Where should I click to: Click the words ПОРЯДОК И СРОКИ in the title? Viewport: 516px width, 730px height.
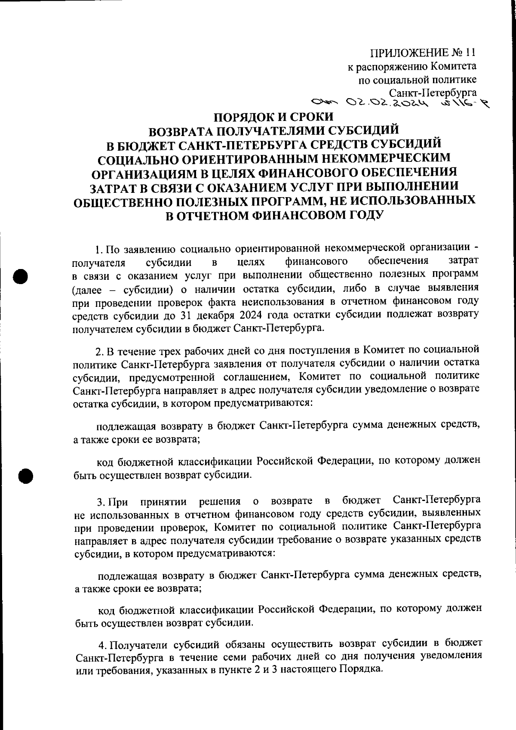[x=273, y=117]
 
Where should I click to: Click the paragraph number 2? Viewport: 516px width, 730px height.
[x=98, y=352]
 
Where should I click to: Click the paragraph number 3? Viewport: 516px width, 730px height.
[x=100, y=502]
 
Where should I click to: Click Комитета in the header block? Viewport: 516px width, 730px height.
[x=453, y=67]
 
